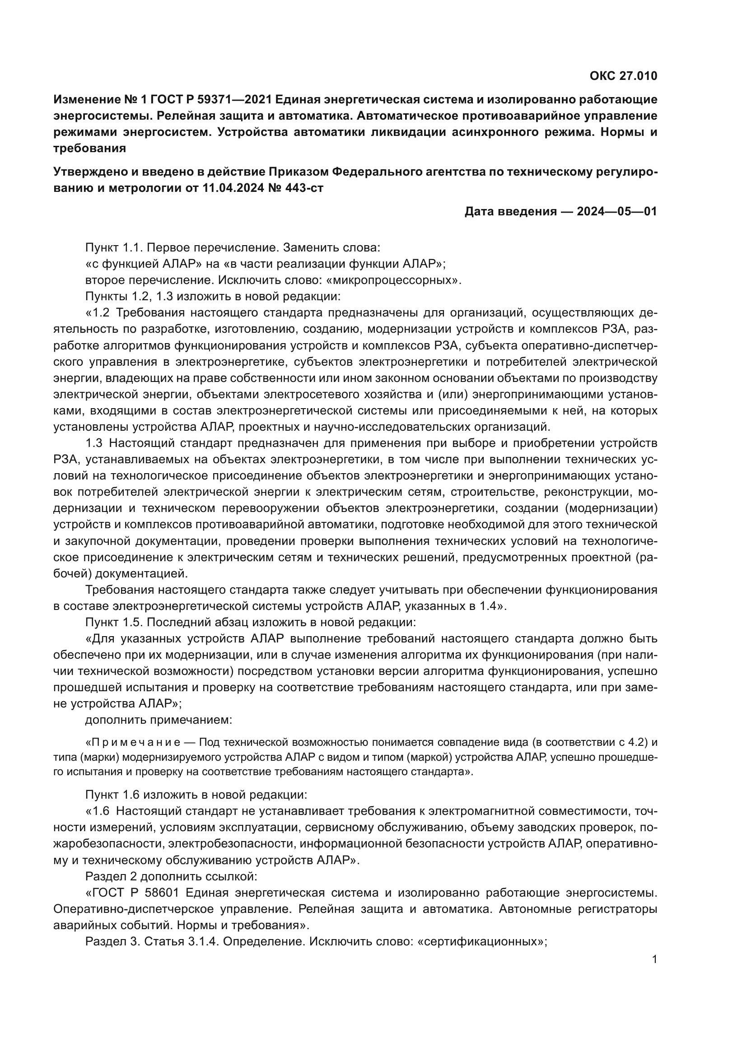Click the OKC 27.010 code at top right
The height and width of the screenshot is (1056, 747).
tap(623, 76)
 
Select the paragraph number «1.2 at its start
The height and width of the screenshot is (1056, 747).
tap(98, 313)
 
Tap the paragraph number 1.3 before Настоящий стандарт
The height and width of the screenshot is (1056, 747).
tap(94, 443)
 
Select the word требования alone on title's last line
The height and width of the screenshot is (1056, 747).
tap(90, 148)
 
